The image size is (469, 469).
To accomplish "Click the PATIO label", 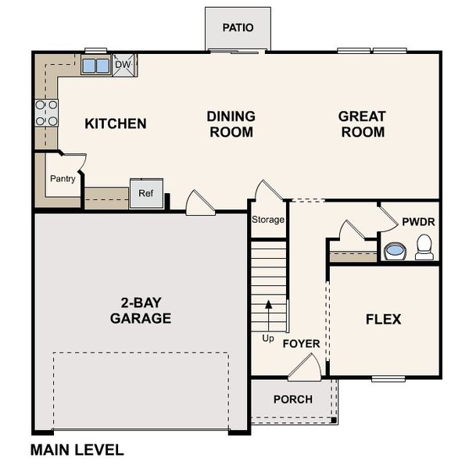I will click(238, 27).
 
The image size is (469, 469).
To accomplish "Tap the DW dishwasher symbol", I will click(124, 66).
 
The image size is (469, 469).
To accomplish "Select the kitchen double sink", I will click(96, 66).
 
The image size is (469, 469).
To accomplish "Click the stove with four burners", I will click(46, 113).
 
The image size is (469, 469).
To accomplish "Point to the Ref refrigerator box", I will click(145, 194).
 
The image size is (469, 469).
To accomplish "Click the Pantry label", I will click(63, 178).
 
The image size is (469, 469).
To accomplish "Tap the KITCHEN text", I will click(116, 124).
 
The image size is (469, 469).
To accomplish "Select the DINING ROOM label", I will click(231, 124).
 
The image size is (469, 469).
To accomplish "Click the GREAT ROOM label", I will click(361, 124).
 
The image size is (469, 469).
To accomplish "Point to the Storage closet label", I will click(268, 220).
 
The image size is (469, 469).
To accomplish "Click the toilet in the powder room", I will click(424, 246).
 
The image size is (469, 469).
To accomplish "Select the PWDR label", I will click(418, 222).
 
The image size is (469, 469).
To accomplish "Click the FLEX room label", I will click(383, 319).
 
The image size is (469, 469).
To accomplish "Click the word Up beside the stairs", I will click(268, 339).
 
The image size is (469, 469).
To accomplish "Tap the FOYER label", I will click(301, 343).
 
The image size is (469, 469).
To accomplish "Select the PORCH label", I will click(293, 399).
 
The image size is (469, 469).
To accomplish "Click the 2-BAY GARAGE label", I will click(141, 310).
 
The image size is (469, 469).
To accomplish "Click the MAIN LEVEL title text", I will click(77, 449).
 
